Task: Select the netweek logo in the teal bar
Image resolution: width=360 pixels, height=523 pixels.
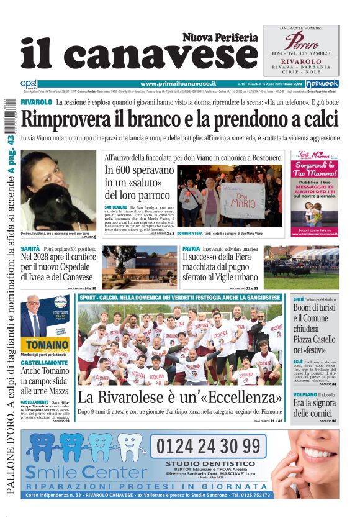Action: (x=322, y=83)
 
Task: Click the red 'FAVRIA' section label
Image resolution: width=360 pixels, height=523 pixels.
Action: (x=191, y=248)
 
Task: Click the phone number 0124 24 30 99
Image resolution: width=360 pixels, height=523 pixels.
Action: (x=208, y=446)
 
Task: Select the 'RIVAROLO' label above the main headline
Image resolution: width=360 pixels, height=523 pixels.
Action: (x=36, y=101)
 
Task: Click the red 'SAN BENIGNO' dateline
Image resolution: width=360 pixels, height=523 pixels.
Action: (x=116, y=206)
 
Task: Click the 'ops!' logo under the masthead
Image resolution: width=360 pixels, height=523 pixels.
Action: (x=29, y=83)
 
